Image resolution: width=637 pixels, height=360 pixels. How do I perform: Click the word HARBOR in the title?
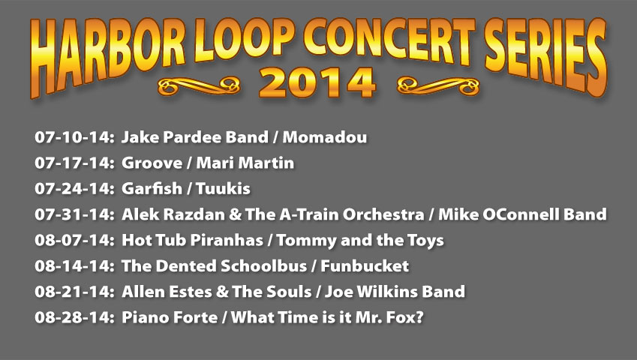(107, 57)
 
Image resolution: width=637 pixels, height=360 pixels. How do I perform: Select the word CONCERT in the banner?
(389, 38)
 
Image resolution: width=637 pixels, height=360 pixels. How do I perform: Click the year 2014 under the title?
(317, 82)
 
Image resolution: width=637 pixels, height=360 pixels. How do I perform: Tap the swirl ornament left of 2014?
(199, 86)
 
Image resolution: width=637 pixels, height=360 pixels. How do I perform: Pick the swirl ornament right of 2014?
(438, 85)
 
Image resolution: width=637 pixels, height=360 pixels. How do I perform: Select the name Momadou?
(325, 137)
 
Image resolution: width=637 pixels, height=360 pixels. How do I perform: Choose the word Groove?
(152, 163)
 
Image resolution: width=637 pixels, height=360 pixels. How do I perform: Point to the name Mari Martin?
(245, 163)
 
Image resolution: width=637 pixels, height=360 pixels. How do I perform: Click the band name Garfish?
(152, 189)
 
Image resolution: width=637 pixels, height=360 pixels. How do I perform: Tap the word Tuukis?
(223, 189)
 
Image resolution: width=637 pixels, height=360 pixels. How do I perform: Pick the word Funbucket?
(365, 265)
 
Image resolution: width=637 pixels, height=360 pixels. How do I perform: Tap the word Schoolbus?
(263, 265)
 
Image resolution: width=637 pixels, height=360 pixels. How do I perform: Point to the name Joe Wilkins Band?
(395, 292)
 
